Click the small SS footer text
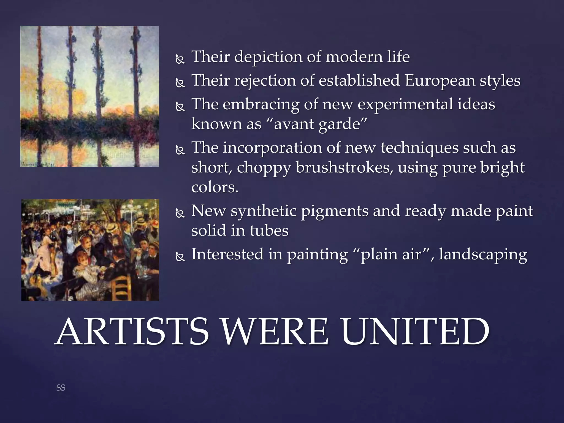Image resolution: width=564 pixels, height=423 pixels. click(x=61, y=388)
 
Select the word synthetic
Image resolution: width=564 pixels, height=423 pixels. click(x=264, y=211)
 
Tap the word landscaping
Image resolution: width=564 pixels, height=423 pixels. click(x=483, y=254)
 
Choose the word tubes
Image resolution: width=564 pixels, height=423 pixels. click(x=269, y=231)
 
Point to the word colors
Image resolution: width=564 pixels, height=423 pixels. click(x=215, y=188)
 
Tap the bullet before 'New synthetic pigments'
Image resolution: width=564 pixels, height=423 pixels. click(x=180, y=213)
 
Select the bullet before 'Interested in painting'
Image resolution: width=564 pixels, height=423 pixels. click(x=180, y=257)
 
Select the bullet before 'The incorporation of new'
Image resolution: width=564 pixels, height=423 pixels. click(x=180, y=150)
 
